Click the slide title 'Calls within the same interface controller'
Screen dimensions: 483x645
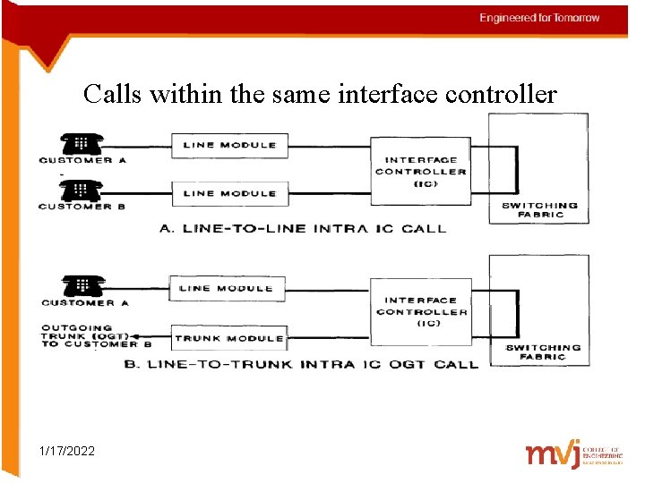tap(320, 93)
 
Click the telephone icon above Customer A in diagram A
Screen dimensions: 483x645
tap(82, 143)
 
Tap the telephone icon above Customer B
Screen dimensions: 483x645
tap(82, 190)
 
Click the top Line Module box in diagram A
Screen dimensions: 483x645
tap(230, 145)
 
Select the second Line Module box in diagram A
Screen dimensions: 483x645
tap(230, 193)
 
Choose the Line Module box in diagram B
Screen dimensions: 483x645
tap(228, 288)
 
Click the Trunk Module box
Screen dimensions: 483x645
tap(228, 338)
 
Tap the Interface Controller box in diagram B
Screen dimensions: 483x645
tap(420, 311)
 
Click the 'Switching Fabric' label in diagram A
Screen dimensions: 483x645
tap(540, 210)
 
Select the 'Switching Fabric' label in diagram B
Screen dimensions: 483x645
tap(543, 352)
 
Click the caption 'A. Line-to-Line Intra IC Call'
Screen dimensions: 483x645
tap(302, 229)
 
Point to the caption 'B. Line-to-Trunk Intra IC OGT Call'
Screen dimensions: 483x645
tap(312, 364)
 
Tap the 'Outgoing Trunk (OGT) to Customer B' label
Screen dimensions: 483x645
tap(94, 336)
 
